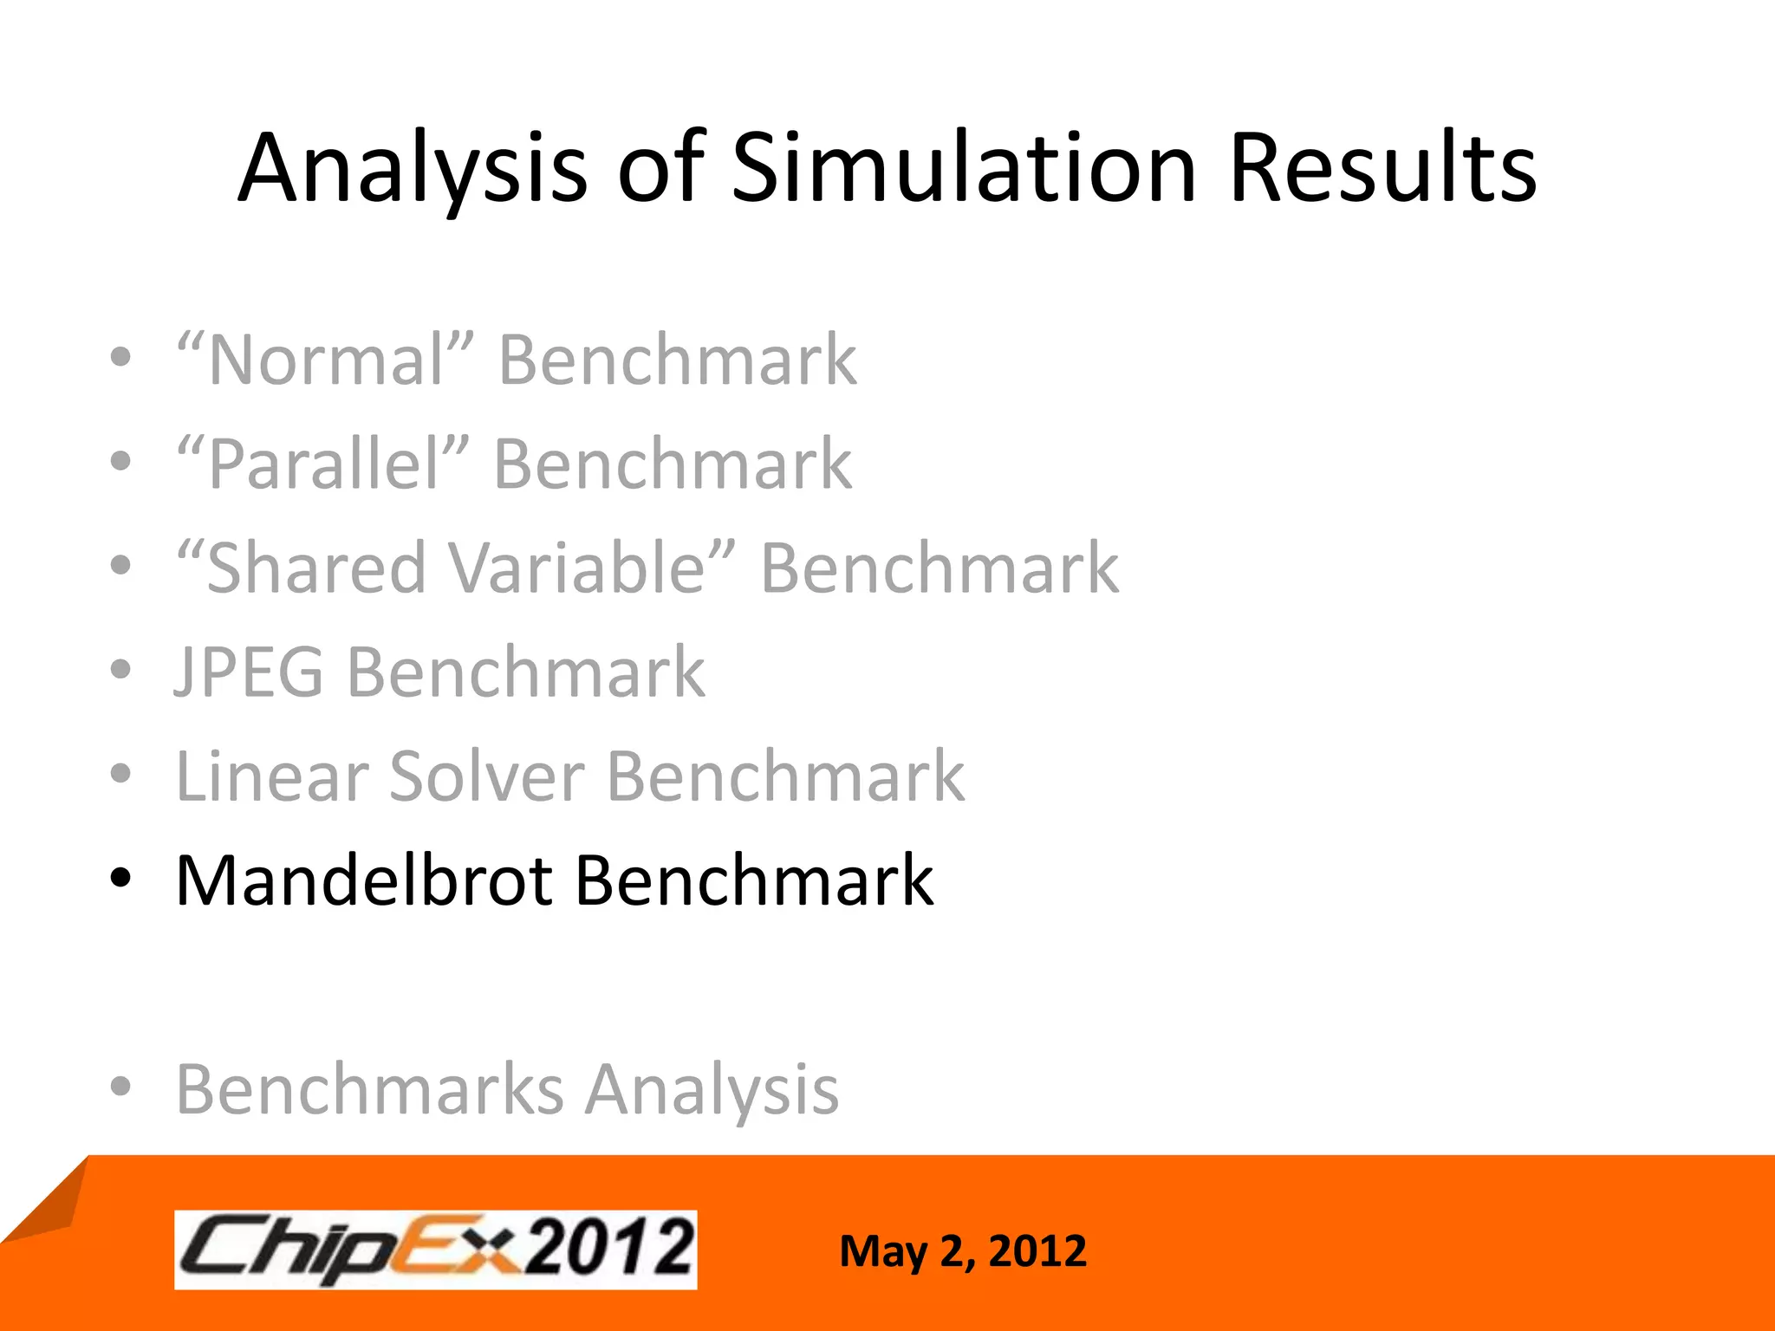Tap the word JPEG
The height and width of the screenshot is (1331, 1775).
pos(249,672)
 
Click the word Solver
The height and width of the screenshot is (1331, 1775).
pos(487,776)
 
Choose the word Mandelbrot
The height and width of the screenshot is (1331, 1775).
pos(364,880)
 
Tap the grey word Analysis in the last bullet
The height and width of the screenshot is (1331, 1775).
pos(712,1089)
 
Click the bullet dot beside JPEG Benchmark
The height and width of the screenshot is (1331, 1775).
pos(121,670)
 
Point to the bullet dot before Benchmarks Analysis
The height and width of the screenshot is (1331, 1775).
pos(121,1087)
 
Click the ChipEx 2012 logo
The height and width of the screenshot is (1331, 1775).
pos(435,1249)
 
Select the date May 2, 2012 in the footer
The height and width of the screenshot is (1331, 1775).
pos(962,1251)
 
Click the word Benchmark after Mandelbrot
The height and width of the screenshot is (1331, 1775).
pos(754,880)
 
